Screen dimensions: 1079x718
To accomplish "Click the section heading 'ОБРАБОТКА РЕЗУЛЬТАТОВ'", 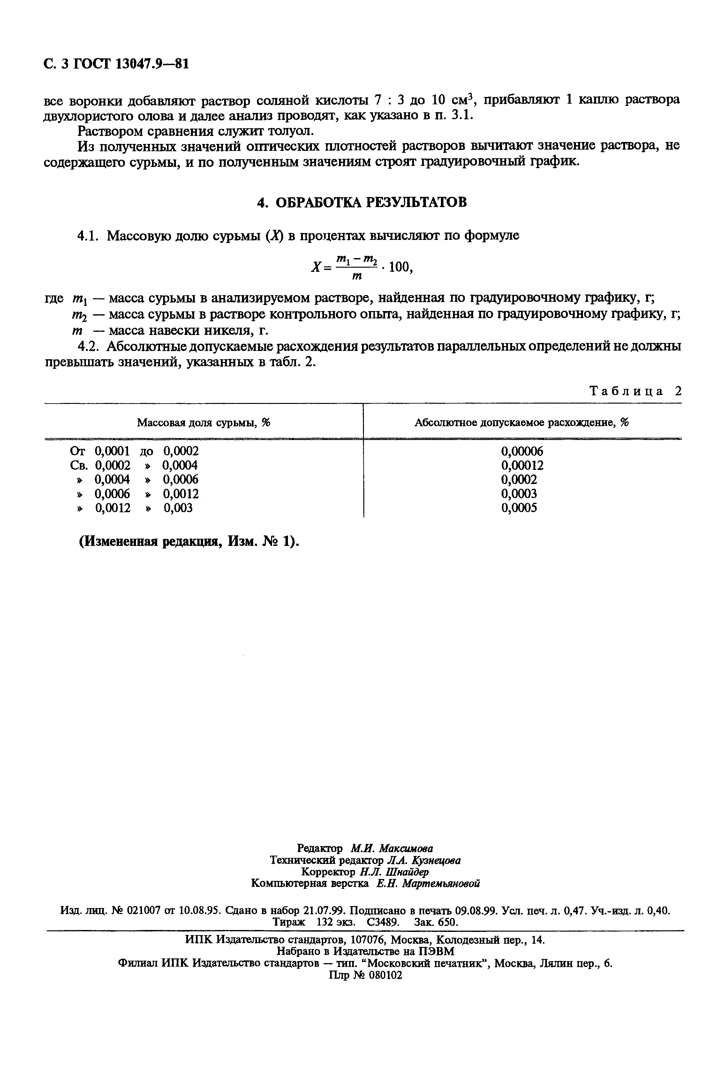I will coord(371,202).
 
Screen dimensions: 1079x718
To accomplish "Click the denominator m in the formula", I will coord(357,276).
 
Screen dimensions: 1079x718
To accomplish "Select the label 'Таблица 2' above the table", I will coord(636,391).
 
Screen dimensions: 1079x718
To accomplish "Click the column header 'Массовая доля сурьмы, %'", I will coord(204,423).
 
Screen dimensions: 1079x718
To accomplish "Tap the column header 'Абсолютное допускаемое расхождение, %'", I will coord(522,423).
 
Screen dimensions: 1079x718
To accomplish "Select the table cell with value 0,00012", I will coord(522,465).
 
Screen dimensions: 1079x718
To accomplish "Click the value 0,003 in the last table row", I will coord(178,508).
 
